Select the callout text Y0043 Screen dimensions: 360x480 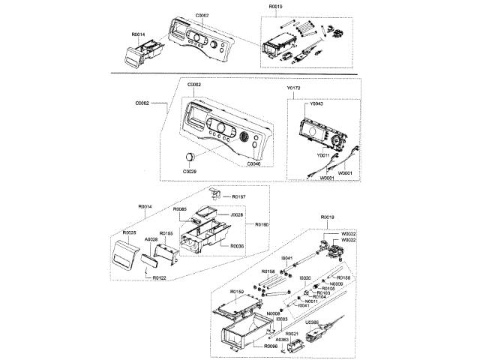(316, 104)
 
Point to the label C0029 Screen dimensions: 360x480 (190, 172)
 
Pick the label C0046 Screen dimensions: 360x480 (254, 163)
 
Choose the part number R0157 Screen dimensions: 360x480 (238, 196)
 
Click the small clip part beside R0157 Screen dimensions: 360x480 (215, 193)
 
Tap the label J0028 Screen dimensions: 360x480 (236, 215)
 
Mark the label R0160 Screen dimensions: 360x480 (262, 224)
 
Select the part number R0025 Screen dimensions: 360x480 (130, 233)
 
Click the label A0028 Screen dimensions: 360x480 (151, 239)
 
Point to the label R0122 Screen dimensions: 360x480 (159, 277)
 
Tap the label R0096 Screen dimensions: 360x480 (270, 347)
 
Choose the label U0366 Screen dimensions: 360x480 (311, 322)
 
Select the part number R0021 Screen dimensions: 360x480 (292, 333)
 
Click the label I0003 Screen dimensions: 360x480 (281, 319)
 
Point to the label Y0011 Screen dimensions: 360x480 (323, 154)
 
